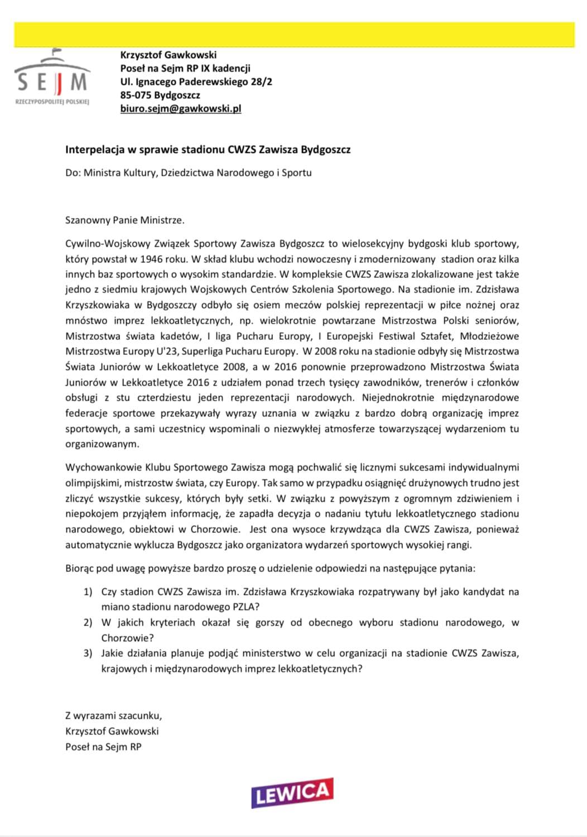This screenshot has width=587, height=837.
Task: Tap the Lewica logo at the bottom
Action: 292,792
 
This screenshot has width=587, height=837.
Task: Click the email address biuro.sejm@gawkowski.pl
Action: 181,109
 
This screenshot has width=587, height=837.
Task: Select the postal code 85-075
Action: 136,95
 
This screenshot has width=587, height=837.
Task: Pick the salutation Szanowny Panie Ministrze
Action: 124,220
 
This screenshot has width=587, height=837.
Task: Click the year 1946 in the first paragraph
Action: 152,259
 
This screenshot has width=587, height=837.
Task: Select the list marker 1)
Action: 88,591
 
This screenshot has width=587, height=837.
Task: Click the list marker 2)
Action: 88,622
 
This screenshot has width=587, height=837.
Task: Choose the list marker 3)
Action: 88,653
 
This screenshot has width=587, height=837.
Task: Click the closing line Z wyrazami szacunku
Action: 113,715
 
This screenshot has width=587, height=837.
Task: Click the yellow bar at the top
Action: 294,35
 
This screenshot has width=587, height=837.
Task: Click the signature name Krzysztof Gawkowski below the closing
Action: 112,731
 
